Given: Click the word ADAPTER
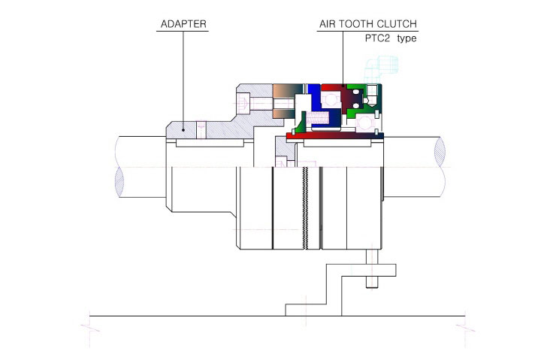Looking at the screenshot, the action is [x=183, y=24].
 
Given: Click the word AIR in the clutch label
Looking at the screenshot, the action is [x=327, y=24].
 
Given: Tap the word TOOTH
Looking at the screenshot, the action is [x=355, y=24].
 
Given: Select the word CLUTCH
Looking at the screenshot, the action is [x=397, y=24].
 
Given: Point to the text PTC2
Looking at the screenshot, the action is [x=377, y=38].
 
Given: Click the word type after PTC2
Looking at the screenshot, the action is [x=406, y=38].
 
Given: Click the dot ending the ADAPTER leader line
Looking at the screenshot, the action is [x=183, y=130].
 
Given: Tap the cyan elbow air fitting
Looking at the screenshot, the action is [x=381, y=69].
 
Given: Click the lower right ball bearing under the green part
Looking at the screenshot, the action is [x=365, y=123].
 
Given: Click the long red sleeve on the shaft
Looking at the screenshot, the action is [x=335, y=136].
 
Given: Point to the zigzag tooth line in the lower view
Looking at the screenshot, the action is [x=305, y=207].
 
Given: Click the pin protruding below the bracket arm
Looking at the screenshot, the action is [x=372, y=282].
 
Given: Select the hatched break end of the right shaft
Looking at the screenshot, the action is [x=440, y=152].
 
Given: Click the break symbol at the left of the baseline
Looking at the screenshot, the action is [x=89, y=328].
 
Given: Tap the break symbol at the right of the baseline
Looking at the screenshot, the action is [x=465, y=328].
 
